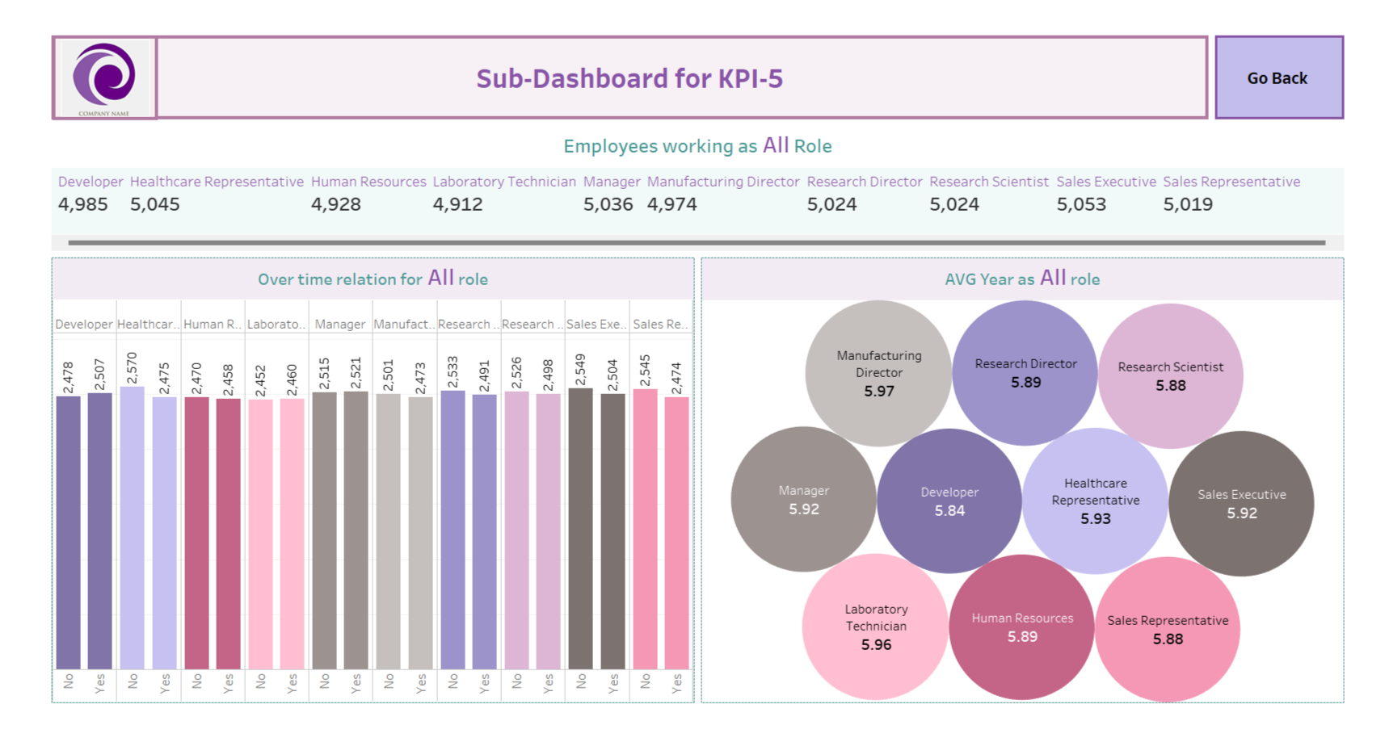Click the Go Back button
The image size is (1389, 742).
(1278, 78)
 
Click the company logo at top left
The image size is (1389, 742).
(104, 78)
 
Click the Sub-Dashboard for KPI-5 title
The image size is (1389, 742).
(629, 78)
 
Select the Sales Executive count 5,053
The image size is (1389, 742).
(1081, 204)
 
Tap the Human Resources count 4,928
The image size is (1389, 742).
(336, 204)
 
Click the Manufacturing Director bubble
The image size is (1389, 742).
(878, 373)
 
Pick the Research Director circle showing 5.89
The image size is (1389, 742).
(1025, 373)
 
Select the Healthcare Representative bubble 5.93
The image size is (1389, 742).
(1095, 501)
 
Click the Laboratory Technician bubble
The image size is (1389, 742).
(875, 627)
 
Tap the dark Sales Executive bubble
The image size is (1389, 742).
(1241, 503)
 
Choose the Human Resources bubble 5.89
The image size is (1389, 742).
(1021, 627)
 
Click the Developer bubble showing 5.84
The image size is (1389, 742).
(949, 501)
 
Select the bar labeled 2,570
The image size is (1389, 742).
(133, 529)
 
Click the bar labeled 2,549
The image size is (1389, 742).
(581, 529)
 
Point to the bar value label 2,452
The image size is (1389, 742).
(260, 380)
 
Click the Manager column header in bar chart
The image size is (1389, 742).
(339, 324)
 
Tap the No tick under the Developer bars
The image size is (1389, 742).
(69, 681)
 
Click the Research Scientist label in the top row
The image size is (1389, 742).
(988, 182)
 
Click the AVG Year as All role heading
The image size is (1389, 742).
(1022, 279)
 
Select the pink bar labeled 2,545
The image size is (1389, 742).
(645, 529)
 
